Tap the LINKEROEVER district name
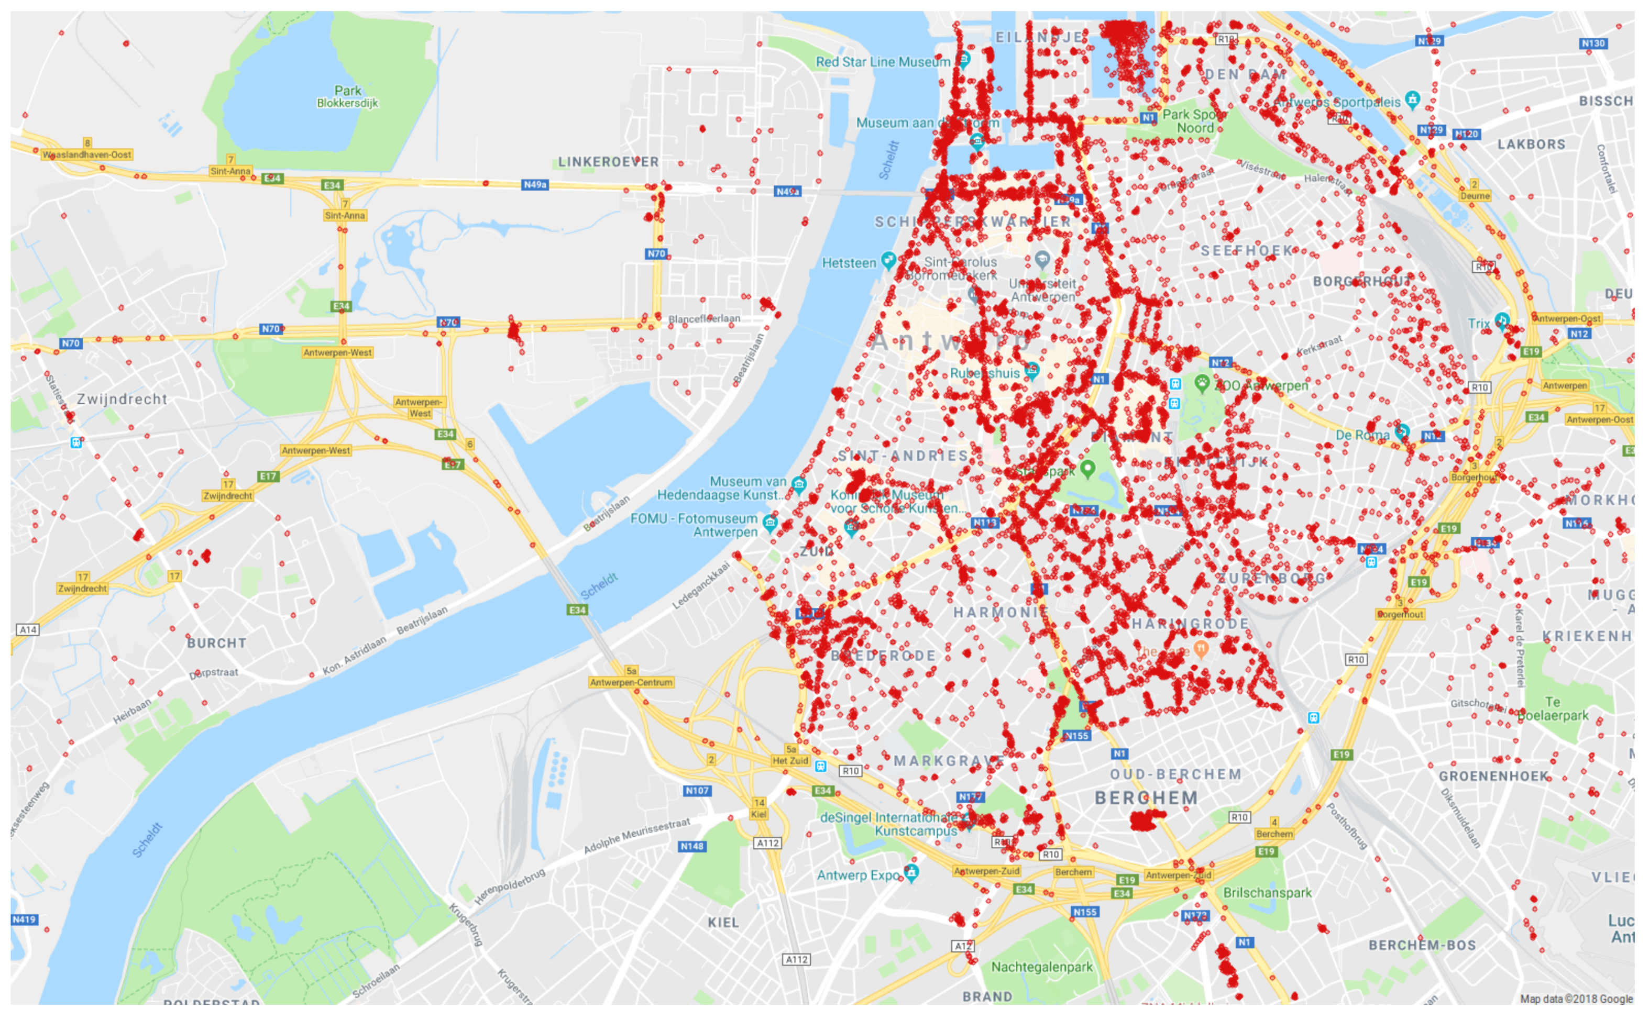[x=608, y=162]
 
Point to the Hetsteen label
[x=849, y=263]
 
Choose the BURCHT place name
[x=216, y=643]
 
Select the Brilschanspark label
[x=1267, y=892]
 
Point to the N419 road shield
[x=24, y=919]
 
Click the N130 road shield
[x=1593, y=43]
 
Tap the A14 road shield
[x=28, y=629]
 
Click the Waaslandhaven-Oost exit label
[x=87, y=154]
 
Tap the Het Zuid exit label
[x=790, y=760]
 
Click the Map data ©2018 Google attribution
[x=1576, y=999]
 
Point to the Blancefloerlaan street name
[x=703, y=318]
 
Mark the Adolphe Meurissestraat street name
[x=636, y=835]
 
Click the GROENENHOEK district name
[x=1493, y=776]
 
